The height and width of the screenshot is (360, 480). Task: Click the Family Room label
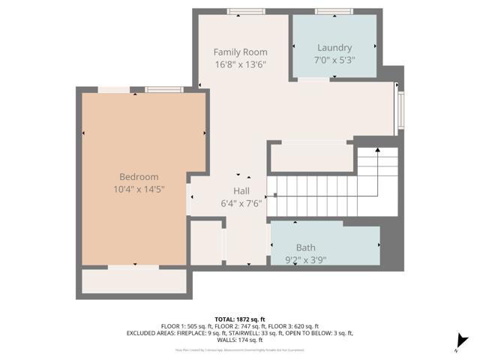[240, 52]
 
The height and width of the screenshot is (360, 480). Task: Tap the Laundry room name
[334, 47]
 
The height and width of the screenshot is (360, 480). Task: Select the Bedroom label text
[139, 177]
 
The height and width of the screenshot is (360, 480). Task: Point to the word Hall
[241, 191]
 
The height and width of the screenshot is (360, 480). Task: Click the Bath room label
[305, 247]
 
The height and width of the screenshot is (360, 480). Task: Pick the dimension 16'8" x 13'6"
[240, 64]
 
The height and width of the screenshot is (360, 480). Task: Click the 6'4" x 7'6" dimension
[241, 203]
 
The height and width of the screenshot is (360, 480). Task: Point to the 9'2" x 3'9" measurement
[305, 260]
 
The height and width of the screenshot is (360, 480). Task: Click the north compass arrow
[463, 342]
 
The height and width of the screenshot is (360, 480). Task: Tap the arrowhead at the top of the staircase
[377, 151]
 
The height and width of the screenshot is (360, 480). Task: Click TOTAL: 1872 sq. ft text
[239, 319]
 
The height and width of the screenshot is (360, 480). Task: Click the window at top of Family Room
[246, 11]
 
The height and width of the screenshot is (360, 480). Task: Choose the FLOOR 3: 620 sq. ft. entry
[292, 326]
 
